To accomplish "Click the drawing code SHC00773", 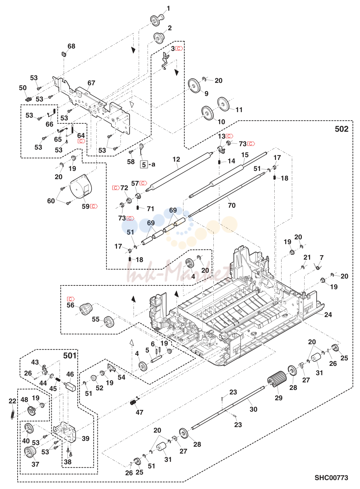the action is pyautogui.click(x=331, y=478).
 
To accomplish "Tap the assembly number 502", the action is pyautogui.click(x=342, y=129).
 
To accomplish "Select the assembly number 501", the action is pyautogui.click(x=70, y=356).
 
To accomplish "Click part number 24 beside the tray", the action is pyautogui.click(x=328, y=315).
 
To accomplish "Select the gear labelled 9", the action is pyautogui.click(x=193, y=86).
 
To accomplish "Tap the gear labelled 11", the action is pyautogui.click(x=223, y=104).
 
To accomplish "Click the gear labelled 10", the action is pyautogui.click(x=207, y=113).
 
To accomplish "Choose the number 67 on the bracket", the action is pyautogui.click(x=91, y=83).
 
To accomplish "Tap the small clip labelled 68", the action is pyautogui.click(x=64, y=54).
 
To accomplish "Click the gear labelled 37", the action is pyautogui.click(x=29, y=452).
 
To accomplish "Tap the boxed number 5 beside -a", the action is pyautogui.click(x=144, y=164).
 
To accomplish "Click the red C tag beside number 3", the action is pyautogui.click(x=179, y=48).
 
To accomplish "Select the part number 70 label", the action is pyautogui.click(x=232, y=205).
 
